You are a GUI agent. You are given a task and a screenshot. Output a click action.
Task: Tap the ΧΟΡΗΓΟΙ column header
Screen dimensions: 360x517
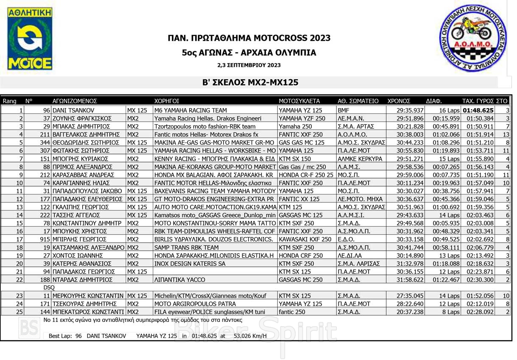166,101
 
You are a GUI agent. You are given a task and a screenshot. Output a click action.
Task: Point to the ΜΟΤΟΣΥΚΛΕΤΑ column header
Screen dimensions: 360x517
299,101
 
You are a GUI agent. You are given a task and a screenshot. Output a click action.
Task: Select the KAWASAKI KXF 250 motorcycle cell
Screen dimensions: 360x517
305,239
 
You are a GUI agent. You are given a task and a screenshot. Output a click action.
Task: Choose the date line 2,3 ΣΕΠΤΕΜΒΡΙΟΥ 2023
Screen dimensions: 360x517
249,65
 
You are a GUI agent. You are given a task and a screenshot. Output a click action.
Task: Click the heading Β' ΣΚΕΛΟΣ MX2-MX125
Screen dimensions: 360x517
250,83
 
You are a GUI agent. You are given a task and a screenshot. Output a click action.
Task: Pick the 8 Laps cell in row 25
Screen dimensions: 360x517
449,312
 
